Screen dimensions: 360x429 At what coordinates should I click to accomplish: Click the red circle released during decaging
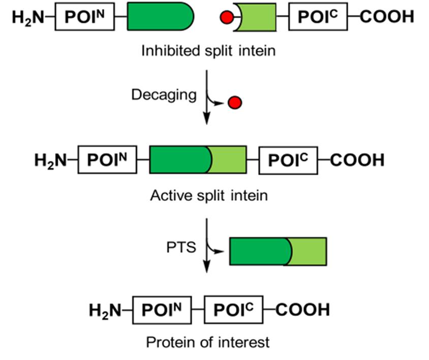[x=235, y=104]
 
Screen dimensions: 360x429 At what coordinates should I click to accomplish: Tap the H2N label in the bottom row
[x=106, y=310]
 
